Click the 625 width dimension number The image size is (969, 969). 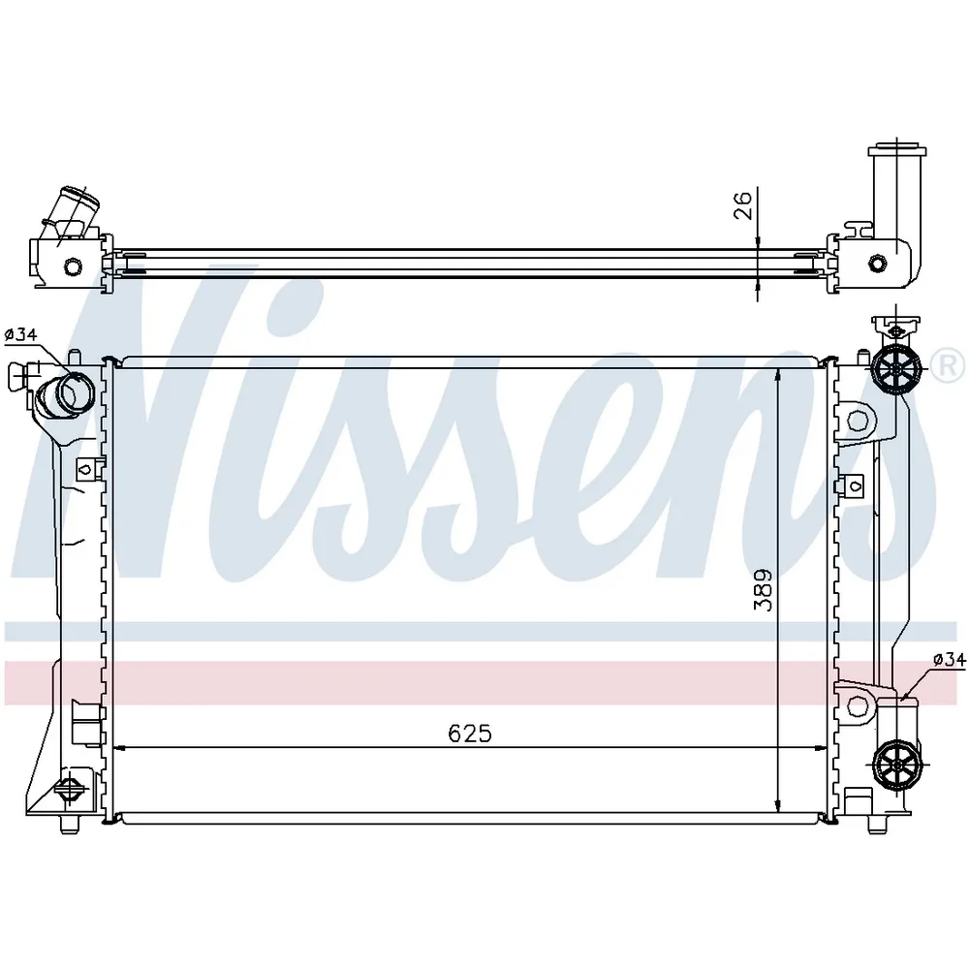470,734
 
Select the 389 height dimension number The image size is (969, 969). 764,589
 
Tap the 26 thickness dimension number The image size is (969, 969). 743,205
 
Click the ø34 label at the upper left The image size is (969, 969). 21,335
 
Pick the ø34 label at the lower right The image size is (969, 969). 950,660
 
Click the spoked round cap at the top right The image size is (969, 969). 895,370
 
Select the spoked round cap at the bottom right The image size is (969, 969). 897,765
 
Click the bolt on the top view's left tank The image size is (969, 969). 73,267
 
